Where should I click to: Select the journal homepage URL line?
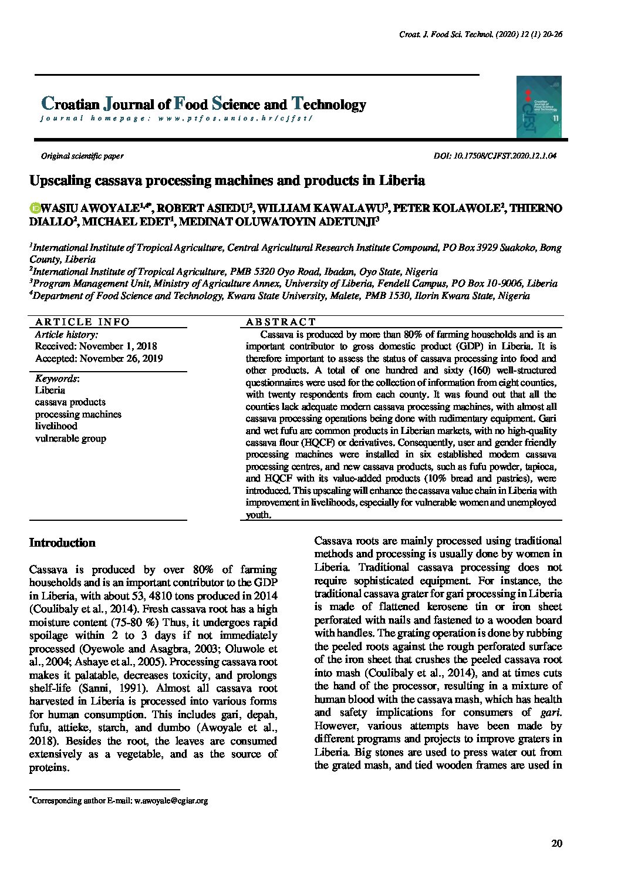point(176,118)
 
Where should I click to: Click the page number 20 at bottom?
point(557,844)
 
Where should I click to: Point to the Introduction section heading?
point(62,543)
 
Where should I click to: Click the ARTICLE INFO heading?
point(82,322)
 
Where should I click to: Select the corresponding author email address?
point(171,800)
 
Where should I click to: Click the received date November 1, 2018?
point(96,346)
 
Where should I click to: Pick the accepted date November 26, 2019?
point(99,358)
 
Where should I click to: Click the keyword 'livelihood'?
point(56,426)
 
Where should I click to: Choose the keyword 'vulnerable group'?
point(70,438)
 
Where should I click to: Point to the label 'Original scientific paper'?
point(82,156)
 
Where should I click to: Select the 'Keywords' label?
point(56,378)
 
